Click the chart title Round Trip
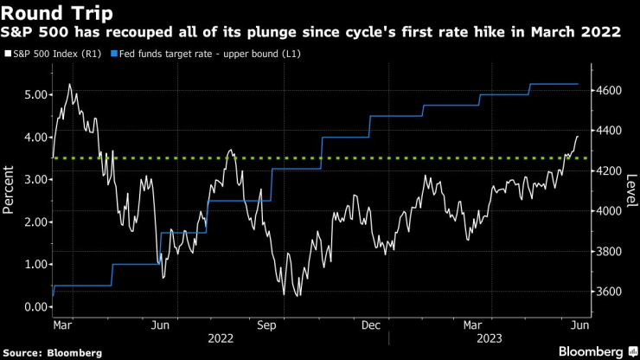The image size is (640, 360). pyautogui.click(x=54, y=13)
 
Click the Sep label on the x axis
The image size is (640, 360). pyautogui.click(x=266, y=325)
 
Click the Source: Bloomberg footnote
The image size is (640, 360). pyautogui.click(x=53, y=352)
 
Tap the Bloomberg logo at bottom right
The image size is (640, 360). pyautogui.click(x=597, y=351)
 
